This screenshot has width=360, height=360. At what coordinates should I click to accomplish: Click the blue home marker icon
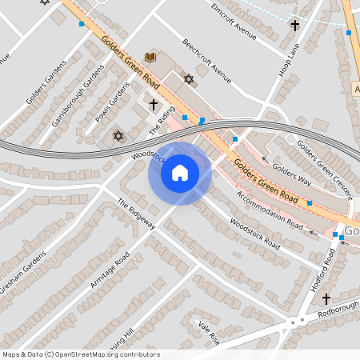(180, 173)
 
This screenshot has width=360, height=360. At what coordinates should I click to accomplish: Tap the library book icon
(150, 56)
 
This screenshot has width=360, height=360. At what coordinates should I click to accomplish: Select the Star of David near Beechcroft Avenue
(189, 79)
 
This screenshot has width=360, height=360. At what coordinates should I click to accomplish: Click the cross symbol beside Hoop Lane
(294, 26)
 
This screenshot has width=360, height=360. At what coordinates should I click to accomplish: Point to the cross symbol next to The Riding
(153, 104)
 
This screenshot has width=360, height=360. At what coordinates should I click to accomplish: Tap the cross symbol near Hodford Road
(326, 298)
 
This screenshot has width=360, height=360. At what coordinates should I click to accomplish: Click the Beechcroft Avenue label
(206, 62)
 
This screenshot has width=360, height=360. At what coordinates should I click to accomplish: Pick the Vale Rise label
(209, 333)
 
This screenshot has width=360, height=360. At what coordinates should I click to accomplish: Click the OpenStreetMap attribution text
(81, 354)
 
